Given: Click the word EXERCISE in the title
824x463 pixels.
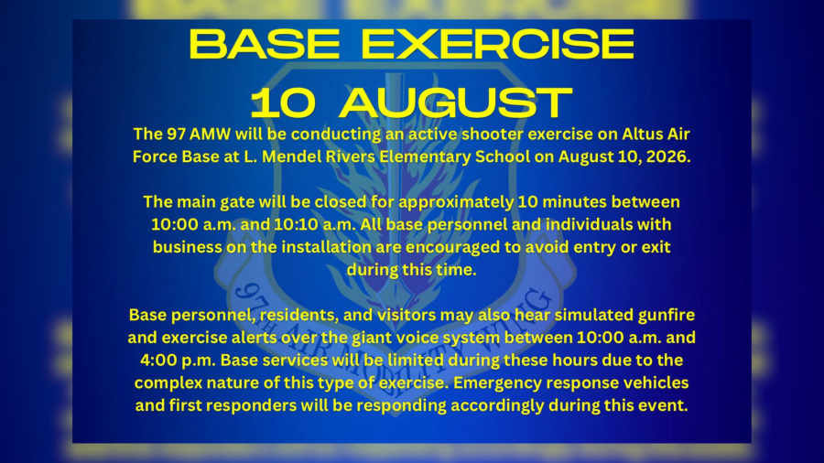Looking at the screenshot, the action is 498,44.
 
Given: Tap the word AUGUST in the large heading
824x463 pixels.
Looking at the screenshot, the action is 456,102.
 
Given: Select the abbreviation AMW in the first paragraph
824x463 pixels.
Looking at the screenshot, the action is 210,135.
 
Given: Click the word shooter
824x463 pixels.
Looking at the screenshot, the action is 492,135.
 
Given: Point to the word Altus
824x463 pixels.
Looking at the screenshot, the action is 642,135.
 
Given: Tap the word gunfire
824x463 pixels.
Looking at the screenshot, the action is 667,316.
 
